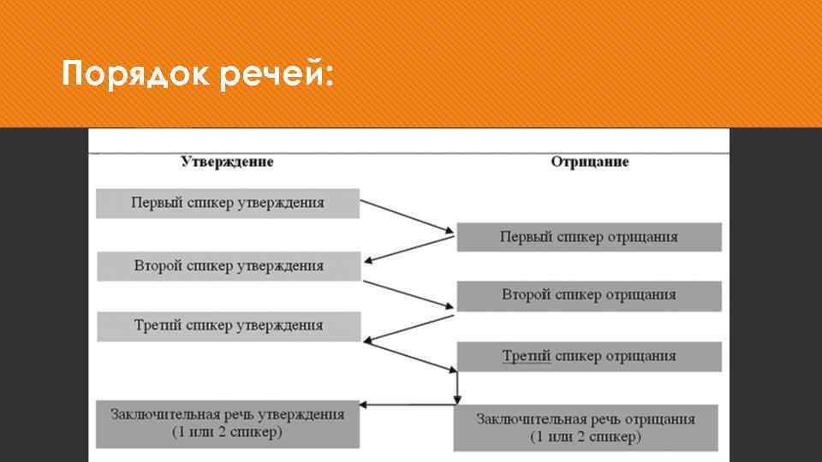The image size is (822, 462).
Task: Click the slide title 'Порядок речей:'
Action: [x=196, y=76]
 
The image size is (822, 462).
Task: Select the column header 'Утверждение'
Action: [x=227, y=161]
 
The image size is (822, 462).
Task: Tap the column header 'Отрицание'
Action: [x=589, y=162]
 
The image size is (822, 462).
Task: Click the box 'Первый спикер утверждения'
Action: [x=228, y=204]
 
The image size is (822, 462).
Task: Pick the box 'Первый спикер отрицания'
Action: [x=589, y=237]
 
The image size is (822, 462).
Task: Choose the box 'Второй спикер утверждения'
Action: [x=228, y=266]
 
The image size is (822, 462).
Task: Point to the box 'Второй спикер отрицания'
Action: [x=589, y=295]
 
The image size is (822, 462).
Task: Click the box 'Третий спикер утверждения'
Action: [x=228, y=326]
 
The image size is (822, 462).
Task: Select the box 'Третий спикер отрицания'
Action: [x=589, y=357]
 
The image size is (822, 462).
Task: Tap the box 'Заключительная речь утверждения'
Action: [x=228, y=423]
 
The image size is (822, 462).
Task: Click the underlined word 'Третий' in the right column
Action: [x=526, y=357]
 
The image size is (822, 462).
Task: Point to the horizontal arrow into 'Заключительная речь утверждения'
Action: [x=408, y=404]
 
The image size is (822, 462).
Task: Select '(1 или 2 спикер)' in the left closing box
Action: [x=227, y=433]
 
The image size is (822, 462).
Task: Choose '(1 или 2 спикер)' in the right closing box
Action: [x=586, y=437]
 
